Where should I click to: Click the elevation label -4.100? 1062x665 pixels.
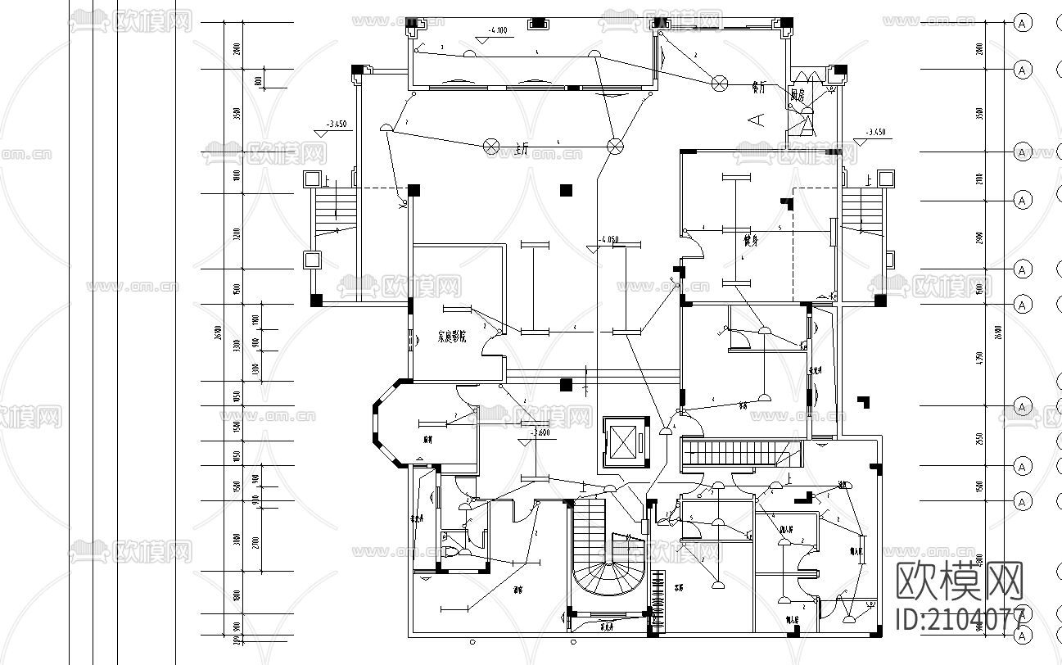pyautogui.click(x=498, y=30)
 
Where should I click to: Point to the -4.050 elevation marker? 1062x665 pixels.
pyautogui.click(x=608, y=239)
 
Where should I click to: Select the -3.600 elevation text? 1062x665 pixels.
pyautogui.click(x=539, y=432)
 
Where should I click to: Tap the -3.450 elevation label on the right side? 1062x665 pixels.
pyautogui.click(x=875, y=132)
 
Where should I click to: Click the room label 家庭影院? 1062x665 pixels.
pyautogui.click(x=451, y=337)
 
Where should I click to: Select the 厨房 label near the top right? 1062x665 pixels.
pyautogui.click(x=797, y=95)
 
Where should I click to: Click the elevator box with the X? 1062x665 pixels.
pyautogui.click(x=624, y=444)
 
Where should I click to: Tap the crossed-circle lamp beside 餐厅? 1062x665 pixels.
pyautogui.click(x=720, y=83)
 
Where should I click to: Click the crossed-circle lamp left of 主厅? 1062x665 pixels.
pyautogui.click(x=492, y=146)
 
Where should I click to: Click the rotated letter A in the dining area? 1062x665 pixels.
pyautogui.click(x=758, y=120)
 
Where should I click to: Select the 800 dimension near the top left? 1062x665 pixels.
pyautogui.click(x=258, y=80)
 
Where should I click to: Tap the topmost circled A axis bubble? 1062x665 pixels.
pyautogui.click(x=1021, y=23)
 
